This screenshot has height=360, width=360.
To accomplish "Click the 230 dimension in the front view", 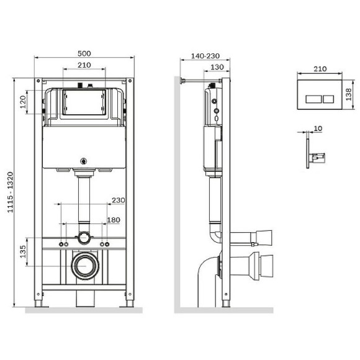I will (117, 200).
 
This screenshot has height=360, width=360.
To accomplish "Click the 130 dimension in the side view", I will (216, 67).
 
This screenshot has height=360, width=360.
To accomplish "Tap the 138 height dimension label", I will (349, 94).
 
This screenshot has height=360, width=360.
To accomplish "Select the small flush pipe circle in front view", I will (83, 237).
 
